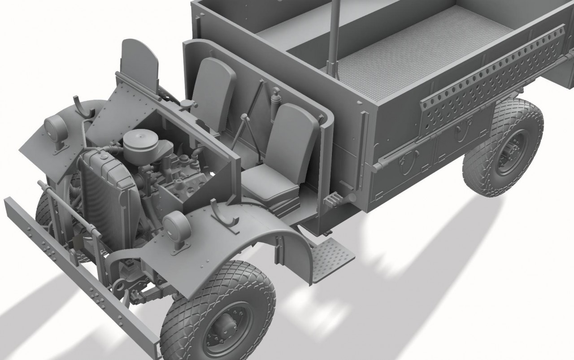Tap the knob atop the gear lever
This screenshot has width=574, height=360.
coord(244,117)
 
